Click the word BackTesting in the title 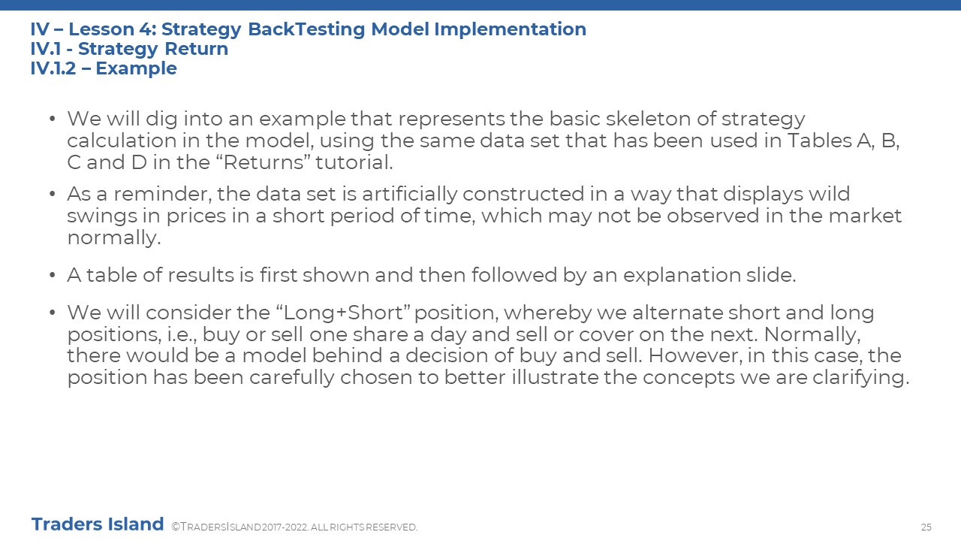(306, 29)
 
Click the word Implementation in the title (510, 29)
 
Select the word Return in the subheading (196, 49)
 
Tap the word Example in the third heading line (136, 68)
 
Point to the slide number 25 (926, 527)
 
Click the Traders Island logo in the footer (98, 524)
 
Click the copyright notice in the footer (294, 527)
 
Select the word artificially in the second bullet (410, 194)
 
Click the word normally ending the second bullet (113, 238)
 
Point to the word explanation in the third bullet (682, 275)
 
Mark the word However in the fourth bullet (695, 356)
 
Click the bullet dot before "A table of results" (53, 275)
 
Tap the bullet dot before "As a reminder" (53, 194)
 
